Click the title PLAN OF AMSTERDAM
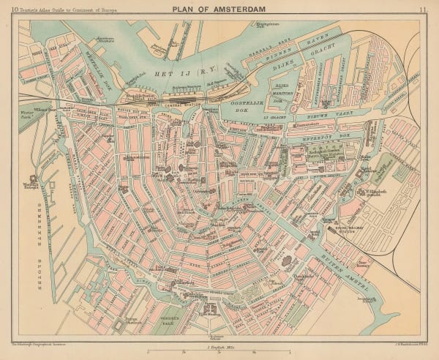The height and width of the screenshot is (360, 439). click(x=219, y=9)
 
